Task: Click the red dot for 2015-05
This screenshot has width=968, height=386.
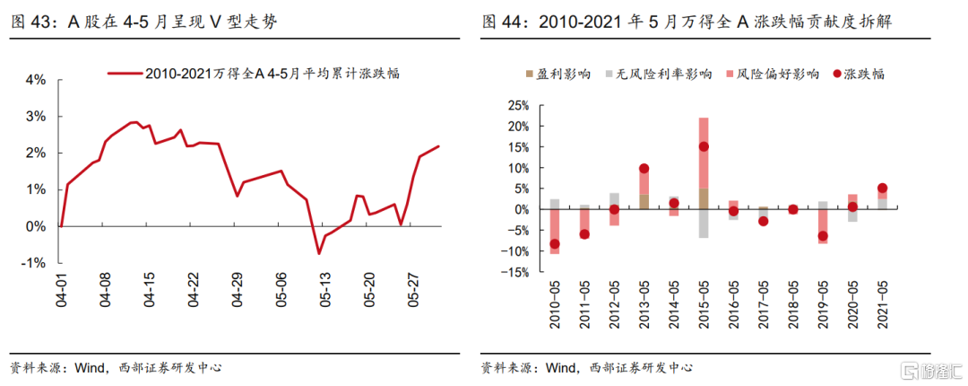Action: click(704, 146)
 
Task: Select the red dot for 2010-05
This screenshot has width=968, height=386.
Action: click(554, 243)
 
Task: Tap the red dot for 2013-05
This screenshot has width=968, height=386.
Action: click(644, 168)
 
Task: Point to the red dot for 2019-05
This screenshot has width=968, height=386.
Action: click(823, 236)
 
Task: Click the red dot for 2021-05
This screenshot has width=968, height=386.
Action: click(883, 189)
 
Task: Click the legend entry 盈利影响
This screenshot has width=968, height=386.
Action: click(571, 75)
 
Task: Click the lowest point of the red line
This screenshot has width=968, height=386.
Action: click(318, 253)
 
